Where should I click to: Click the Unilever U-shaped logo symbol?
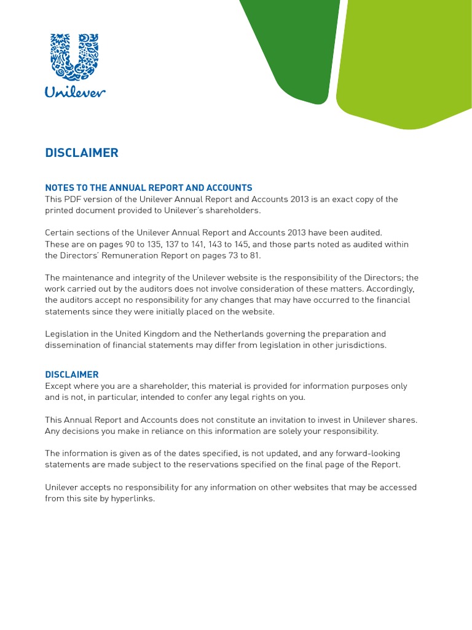(75, 57)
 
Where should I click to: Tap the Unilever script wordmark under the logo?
(75, 92)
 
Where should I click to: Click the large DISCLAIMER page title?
(82, 153)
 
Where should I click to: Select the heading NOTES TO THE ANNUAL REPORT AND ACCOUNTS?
(149, 188)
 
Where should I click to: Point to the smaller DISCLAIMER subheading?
(71, 374)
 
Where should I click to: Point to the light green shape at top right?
(406, 62)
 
